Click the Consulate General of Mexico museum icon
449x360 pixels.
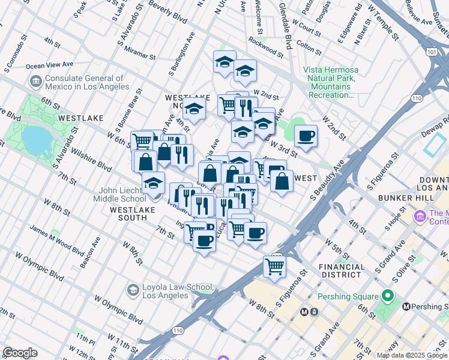point(35,81)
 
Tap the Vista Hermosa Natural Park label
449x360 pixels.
point(330,83)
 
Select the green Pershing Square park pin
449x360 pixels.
point(388,296)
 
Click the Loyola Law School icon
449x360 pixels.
point(132,290)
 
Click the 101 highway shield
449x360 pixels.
point(431,52)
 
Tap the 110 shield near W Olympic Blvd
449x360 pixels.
point(178,331)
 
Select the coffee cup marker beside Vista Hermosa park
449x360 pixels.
point(306,136)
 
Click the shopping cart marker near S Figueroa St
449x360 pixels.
point(274,266)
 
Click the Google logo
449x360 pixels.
point(20,353)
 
